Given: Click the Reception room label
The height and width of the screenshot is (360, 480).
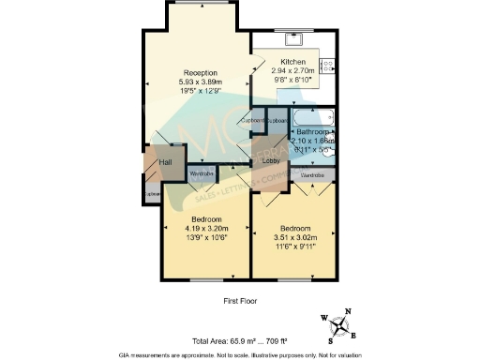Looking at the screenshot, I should pyautogui.click(x=201, y=73).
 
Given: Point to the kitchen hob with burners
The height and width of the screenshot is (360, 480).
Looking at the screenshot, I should pyautogui.click(x=328, y=66).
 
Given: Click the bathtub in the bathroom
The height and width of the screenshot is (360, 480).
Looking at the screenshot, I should pyautogui.click(x=311, y=120).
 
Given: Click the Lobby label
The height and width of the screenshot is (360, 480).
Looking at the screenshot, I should pyautogui.click(x=269, y=160).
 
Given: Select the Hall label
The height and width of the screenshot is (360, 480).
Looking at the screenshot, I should pyautogui.click(x=165, y=163).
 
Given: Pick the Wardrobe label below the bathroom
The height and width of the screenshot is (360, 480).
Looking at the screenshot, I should pyautogui.click(x=312, y=175).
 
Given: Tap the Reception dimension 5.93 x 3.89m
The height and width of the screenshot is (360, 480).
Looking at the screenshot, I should pyautogui.click(x=201, y=82).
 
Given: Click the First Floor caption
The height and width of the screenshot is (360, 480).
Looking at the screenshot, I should pyautogui.click(x=239, y=301).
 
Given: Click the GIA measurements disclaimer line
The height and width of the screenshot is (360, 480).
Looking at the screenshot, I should pyautogui.click(x=239, y=354).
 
